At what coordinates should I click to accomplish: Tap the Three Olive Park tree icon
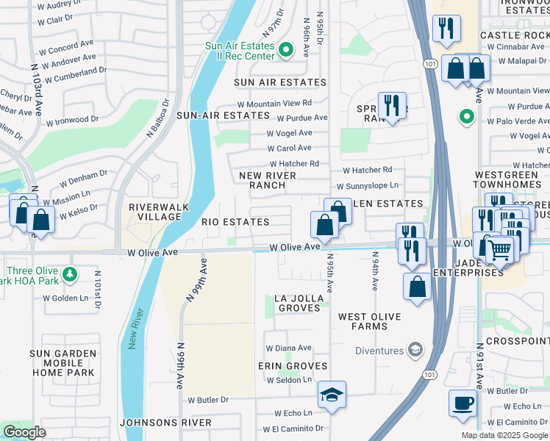point(69,274)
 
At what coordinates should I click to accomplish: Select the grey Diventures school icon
point(415,350)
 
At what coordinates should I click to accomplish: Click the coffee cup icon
point(463,404)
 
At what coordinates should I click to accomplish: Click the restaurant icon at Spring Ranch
point(391,104)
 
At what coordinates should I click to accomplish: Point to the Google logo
point(25,432)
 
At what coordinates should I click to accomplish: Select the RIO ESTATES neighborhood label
point(235,221)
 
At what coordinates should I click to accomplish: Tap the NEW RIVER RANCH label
point(268,180)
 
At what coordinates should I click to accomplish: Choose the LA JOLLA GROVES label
point(297,303)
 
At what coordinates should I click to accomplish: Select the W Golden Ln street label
point(65,298)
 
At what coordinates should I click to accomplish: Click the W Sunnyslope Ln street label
point(367,187)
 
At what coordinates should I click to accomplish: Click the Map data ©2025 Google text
point(504,435)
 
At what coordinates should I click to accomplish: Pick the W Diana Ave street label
point(288,348)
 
